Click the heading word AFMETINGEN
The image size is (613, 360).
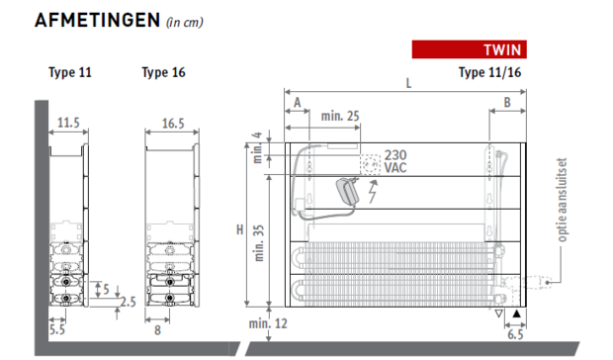pos(97,21)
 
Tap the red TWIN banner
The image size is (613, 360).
pos(469,49)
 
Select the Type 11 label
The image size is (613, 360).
pos(70,73)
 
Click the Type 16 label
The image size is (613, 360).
pos(163,73)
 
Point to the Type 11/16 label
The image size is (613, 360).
pos(489,72)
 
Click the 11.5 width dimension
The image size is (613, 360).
pos(68,123)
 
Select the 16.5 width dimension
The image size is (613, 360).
pos(173,124)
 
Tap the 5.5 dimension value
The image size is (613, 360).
pos(57,329)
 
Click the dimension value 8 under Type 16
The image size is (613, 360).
pos(157,330)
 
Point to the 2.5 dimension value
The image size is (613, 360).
pos(129,302)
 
